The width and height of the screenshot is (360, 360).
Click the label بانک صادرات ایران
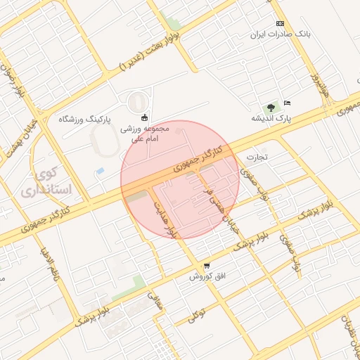pyautogui.click(x=281, y=34)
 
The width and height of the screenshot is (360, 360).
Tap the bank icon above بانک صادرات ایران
pyautogui.click(x=281, y=23)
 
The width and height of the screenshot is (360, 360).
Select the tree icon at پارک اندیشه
pyautogui.click(x=271, y=108)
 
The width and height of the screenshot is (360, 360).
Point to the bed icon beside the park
pyautogui.click(x=287, y=103)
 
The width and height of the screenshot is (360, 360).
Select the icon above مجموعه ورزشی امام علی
pyautogui.click(x=145, y=117)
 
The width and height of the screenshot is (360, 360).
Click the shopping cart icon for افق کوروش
pyautogui.click(x=206, y=266)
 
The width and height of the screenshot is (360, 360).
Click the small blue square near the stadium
pyautogui.click(x=100, y=171)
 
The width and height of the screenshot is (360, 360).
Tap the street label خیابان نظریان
pyautogui.click(x=349, y=330)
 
